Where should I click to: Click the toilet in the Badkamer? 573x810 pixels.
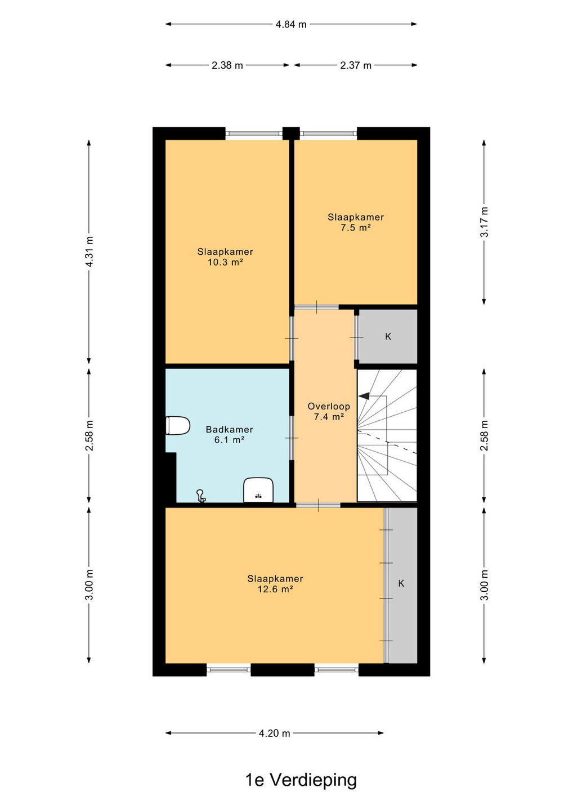[x=178, y=425]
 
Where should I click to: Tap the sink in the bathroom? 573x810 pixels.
[x=258, y=490]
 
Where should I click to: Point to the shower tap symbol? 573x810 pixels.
[x=201, y=496]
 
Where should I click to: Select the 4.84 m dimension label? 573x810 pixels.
[x=291, y=25]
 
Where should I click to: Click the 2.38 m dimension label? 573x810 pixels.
[x=227, y=65]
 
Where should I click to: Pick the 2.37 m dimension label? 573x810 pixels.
[x=356, y=65]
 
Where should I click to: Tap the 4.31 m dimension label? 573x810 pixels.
[x=89, y=251]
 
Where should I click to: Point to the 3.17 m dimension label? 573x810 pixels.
[x=484, y=222]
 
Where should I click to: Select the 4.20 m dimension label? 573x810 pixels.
[x=275, y=733]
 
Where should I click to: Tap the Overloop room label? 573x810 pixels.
[x=329, y=406]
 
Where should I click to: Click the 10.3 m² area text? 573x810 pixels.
[x=225, y=262]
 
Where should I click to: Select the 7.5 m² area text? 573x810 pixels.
[x=356, y=228]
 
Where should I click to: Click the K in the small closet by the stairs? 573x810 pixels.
[x=388, y=336]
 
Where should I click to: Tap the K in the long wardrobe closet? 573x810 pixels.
[x=401, y=583]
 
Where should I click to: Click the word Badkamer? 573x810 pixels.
[x=229, y=429]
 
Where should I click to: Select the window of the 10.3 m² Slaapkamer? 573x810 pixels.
[x=254, y=133]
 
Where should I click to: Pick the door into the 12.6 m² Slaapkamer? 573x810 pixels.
[x=318, y=505]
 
